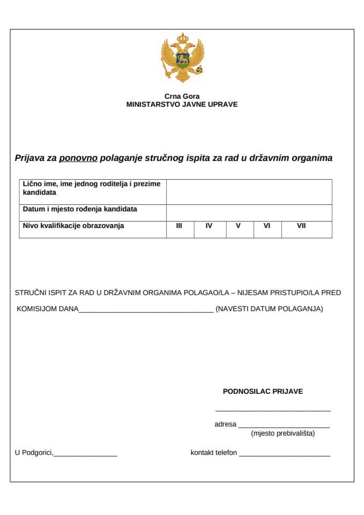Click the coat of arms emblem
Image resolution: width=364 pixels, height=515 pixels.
[183, 57]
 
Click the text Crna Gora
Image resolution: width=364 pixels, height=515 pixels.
[182, 97]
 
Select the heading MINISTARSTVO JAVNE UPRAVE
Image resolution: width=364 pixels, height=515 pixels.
[182, 105]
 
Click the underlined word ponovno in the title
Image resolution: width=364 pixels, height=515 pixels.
[78, 158]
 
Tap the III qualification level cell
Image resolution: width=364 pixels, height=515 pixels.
[179, 226]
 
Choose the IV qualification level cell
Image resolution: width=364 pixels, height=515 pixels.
[209, 226]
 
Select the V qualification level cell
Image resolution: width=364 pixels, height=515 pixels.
[238, 226]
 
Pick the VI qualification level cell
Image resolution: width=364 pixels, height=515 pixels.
[266, 226]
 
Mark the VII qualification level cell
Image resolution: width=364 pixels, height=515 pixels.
[301, 226]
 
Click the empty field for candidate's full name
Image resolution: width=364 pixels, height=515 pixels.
[249, 192]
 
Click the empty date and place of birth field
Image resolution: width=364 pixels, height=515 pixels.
[249, 212]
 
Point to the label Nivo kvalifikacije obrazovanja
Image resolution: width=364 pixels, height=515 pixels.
[73, 226]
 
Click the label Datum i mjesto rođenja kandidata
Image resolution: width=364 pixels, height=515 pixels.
[80, 209]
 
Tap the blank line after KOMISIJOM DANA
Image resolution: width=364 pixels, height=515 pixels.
[146, 310]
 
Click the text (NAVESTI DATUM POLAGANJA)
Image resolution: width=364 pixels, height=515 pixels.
[269, 309]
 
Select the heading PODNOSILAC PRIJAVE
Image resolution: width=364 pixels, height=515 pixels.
[263, 391]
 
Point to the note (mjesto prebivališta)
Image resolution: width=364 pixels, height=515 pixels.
[283, 433]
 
